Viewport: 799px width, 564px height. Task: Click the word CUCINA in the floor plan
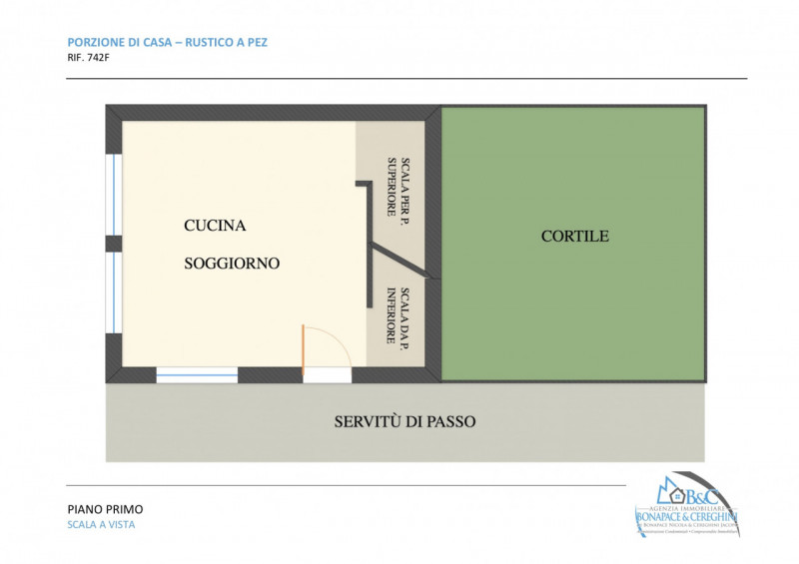coord(215,226)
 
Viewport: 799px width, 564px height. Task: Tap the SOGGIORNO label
coord(232,264)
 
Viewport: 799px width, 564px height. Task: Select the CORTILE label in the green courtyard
coord(574,237)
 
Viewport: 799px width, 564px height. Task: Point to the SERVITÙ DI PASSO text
coord(404,421)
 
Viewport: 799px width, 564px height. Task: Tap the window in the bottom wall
coord(197,375)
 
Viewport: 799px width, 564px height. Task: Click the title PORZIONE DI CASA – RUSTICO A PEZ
coord(167,42)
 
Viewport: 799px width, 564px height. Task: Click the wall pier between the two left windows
coord(114,244)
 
